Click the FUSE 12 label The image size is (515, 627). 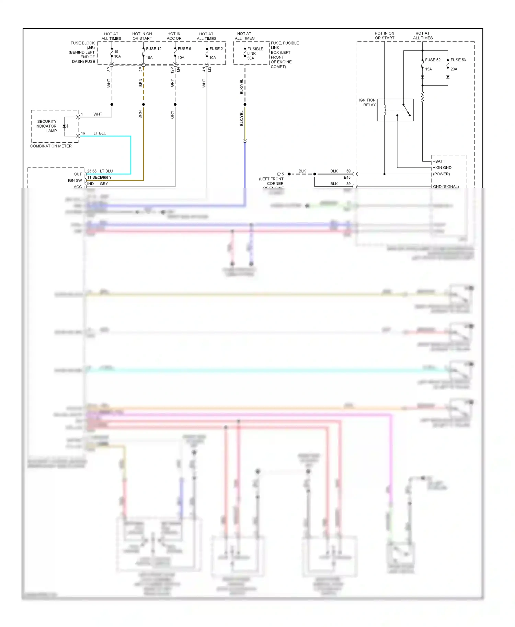coord(153,49)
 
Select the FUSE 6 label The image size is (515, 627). coord(184,49)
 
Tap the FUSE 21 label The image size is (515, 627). coord(217,49)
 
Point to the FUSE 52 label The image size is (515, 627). coord(433,60)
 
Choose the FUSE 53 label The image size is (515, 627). coord(458,60)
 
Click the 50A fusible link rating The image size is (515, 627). coord(251,58)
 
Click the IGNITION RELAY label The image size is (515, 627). coord(367,103)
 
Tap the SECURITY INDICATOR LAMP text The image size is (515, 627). coord(46,126)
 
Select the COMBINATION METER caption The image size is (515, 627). coord(51,146)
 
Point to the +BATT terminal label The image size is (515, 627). coord(439,161)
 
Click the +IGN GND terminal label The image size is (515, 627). coord(442,168)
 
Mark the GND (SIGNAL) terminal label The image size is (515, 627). coord(446,187)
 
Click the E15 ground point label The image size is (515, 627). coord(281,174)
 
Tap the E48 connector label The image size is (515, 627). coord(347,177)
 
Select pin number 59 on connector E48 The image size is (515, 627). coord(348,171)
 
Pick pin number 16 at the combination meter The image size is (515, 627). coord(83,133)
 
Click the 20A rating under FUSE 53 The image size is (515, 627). coord(454,69)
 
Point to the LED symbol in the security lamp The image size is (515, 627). coord(65,126)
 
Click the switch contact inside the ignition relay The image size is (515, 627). coord(407,110)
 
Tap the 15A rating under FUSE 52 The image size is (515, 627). coord(428,69)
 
